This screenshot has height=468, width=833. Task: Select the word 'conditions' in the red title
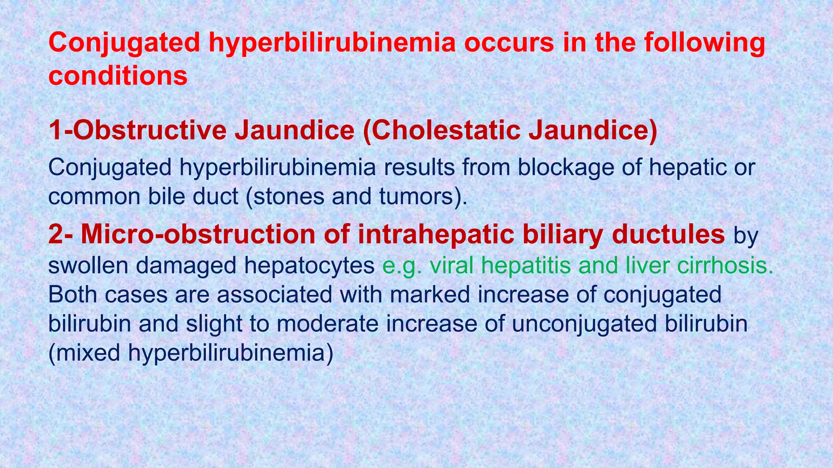click(118, 76)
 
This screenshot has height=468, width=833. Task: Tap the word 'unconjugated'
click(584, 324)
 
